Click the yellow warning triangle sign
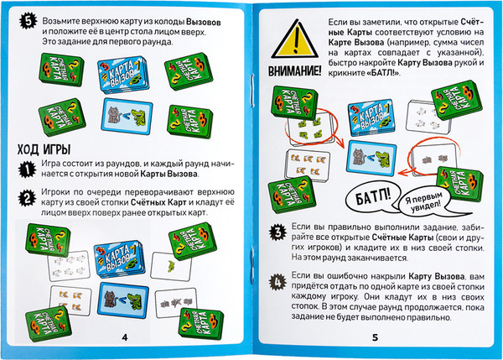coord(295,39)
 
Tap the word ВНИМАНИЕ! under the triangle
coord(294,71)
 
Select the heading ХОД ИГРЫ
coord(44,149)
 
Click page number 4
coord(125,337)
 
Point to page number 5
coord(375,337)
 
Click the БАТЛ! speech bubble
coord(373,198)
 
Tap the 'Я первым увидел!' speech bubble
coord(427,202)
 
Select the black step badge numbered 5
coord(29,22)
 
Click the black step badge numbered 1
coord(27,170)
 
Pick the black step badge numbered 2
coord(27,198)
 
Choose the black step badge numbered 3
coord(277,232)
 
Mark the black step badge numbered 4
coord(277,282)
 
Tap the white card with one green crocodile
coord(171,266)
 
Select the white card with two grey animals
coord(434,159)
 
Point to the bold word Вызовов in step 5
coord(204,23)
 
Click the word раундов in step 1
coord(121,164)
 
